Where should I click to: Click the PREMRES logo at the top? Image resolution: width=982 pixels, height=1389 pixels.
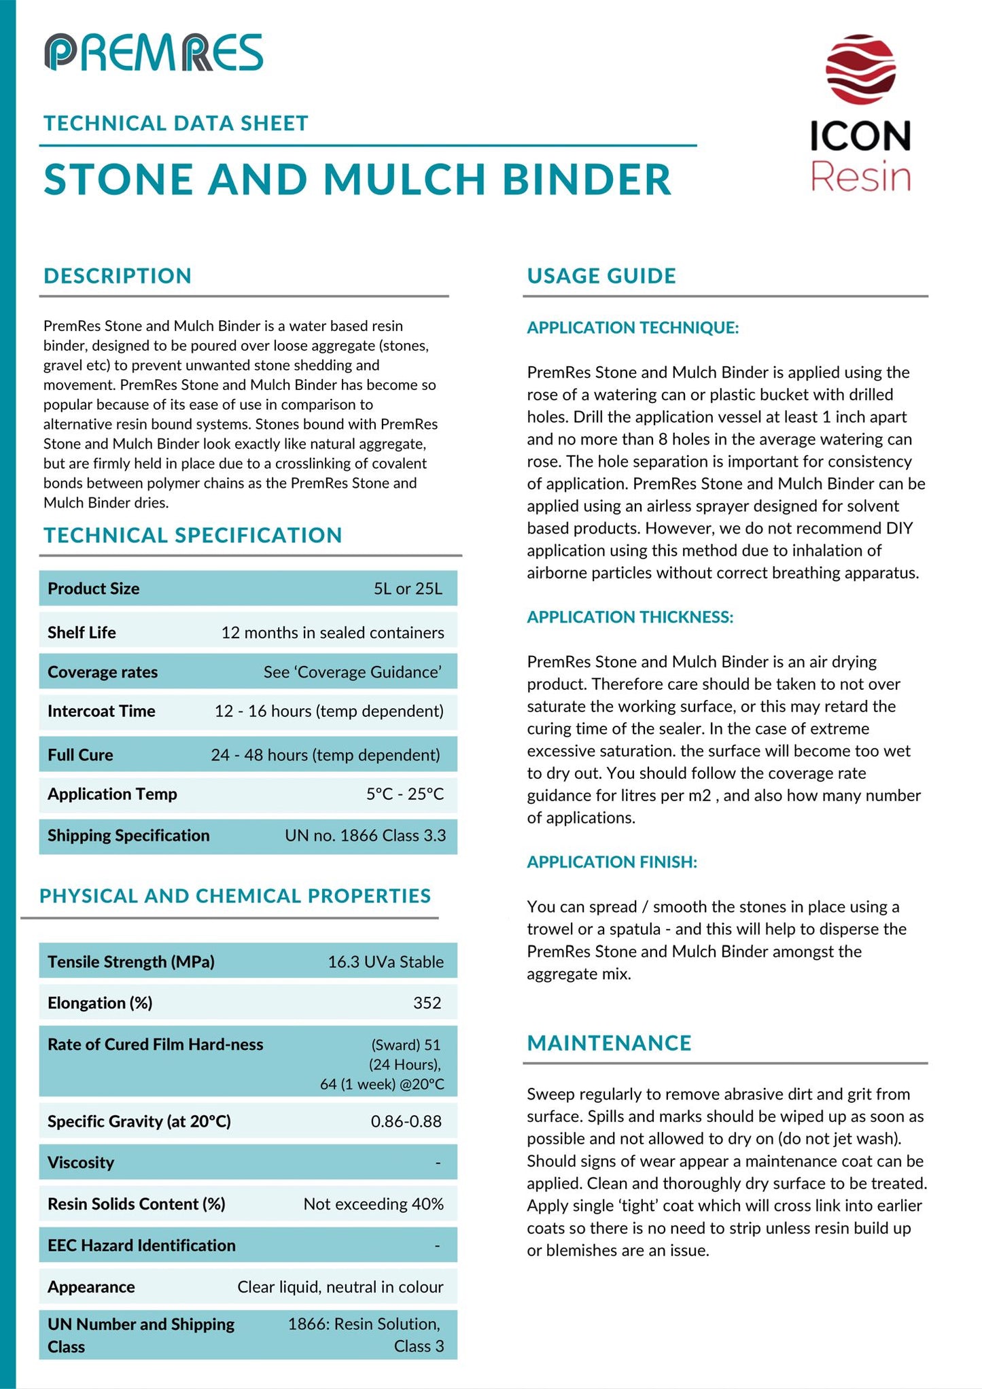tap(154, 52)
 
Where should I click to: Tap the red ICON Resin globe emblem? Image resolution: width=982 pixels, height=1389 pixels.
tap(860, 69)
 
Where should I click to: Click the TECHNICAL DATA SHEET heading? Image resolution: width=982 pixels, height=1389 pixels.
tap(176, 123)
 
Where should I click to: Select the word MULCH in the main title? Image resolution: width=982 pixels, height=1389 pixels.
tap(405, 179)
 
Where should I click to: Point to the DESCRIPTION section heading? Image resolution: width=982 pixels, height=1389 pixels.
tap(118, 276)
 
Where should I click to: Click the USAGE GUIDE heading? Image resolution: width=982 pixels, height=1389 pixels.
tap(601, 276)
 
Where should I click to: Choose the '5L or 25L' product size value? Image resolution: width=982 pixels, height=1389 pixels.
tap(408, 588)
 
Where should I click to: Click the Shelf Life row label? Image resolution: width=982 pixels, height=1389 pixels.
tap(82, 633)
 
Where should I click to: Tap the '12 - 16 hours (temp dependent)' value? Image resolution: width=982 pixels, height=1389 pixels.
tap(329, 711)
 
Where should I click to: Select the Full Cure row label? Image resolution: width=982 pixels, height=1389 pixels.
tap(80, 755)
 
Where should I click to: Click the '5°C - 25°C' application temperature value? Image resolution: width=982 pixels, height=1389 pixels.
tap(404, 794)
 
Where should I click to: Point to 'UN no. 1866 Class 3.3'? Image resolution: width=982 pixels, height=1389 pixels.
tap(365, 835)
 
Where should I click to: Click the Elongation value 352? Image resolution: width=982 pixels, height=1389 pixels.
tap(427, 1003)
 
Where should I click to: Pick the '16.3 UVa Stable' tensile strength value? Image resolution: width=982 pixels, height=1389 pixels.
tap(385, 962)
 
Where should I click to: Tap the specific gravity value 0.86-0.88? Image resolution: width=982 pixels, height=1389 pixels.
tap(406, 1121)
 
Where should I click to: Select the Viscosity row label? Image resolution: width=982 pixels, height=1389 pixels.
tap(81, 1163)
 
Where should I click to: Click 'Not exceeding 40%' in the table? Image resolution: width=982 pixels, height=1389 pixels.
tap(373, 1204)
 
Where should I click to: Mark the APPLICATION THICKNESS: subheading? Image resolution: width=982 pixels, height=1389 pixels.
tap(630, 617)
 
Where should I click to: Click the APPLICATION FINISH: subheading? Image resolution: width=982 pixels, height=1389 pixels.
tap(612, 862)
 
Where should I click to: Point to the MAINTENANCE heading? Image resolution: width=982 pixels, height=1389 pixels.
tap(609, 1043)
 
